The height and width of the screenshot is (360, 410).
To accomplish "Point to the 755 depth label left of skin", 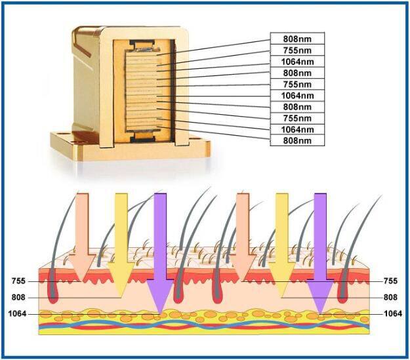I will point(20,281).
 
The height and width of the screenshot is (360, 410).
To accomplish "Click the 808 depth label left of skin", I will point(20,297).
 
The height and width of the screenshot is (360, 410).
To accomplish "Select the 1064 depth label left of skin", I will point(18,313).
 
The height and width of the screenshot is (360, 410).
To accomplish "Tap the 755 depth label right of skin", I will point(390,281).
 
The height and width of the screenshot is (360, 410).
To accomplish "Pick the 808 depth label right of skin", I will point(390,297).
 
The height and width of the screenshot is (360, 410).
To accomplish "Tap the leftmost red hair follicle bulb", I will point(53,295).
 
